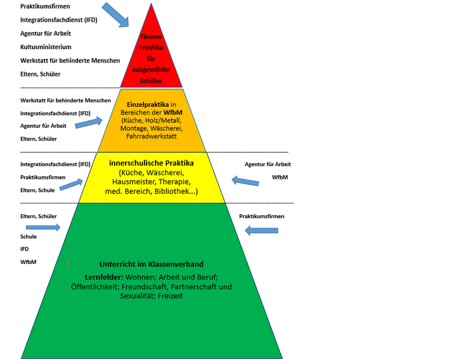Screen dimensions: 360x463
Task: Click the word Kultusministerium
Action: click(x=46, y=47)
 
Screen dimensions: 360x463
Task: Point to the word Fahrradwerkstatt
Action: click(x=151, y=137)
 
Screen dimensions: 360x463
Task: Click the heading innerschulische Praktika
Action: click(x=151, y=163)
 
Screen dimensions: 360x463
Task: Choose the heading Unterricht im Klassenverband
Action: click(x=150, y=264)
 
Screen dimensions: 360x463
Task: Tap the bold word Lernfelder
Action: click(x=103, y=277)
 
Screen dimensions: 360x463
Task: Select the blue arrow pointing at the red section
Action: click(x=115, y=14)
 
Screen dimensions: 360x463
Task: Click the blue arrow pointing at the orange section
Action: click(x=88, y=124)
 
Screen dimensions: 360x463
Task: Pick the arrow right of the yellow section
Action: click(x=245, y=180)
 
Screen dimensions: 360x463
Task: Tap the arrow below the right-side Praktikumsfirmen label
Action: click(x=262, y=230)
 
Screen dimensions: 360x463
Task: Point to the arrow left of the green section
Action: click(x=43, y=227)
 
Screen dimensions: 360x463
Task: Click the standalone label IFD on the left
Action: click(x=25, y=248)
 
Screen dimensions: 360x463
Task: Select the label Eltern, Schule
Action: click(x=38, y=190)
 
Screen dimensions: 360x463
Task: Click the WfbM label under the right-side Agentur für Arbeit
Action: click(x=280, y=178)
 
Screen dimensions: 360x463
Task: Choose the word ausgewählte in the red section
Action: click(x=150, y=70)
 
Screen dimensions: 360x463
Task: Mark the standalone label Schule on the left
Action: click(x=28, y=236)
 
